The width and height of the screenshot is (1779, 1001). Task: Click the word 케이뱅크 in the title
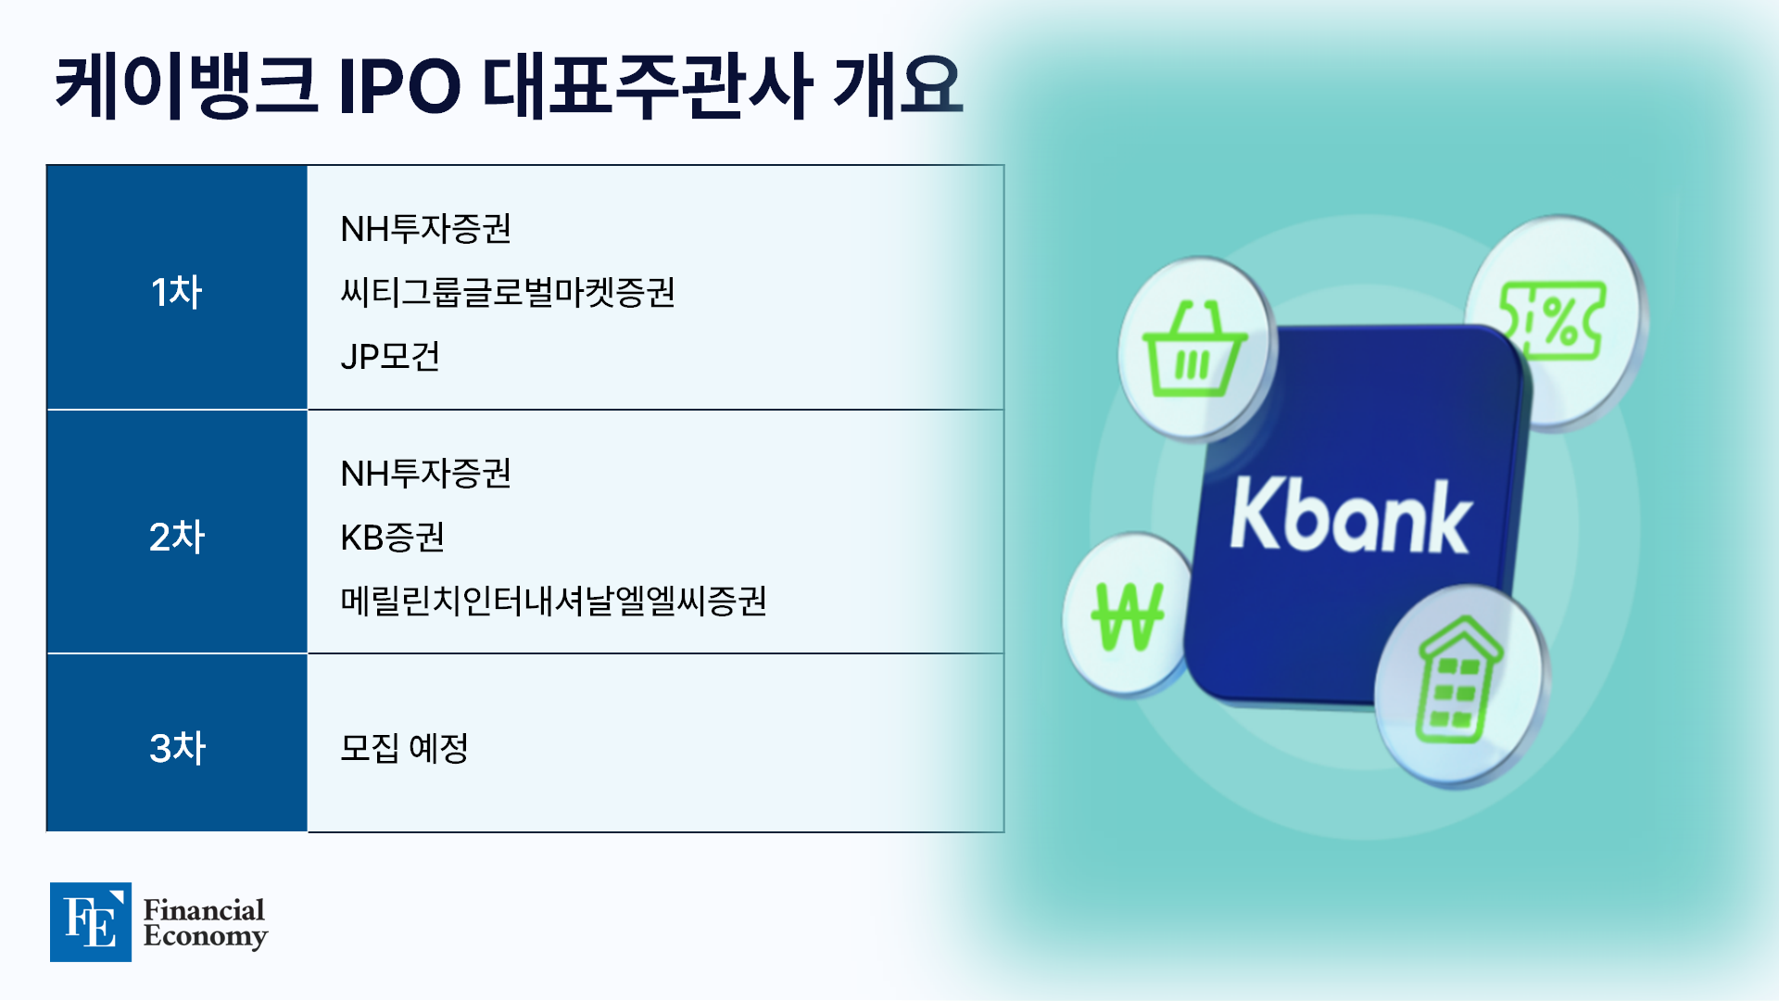click(186, 86)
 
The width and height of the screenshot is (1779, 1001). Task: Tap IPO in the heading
click(399, 87)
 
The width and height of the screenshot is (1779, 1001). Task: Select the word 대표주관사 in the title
click(648, 86)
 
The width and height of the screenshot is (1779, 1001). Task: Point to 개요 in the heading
click(898, 86)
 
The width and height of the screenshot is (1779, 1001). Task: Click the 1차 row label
click(176, 292)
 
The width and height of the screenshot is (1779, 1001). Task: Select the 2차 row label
click(176, 537)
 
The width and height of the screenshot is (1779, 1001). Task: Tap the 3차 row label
click(177, 748)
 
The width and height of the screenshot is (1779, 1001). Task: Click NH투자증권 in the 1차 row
click(425, 229)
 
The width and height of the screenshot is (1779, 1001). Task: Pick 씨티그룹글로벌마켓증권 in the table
click(508, 292)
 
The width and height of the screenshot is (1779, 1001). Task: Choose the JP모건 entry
click(390, 356)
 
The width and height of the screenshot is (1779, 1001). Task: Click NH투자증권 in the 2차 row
click(425, 474)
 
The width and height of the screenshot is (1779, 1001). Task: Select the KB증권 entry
click(393, 538)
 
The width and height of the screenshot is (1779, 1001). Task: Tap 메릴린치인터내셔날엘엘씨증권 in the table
click(553, 601)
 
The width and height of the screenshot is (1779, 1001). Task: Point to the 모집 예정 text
click(404, 748)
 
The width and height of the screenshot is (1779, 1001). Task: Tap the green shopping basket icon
click(1194, 349)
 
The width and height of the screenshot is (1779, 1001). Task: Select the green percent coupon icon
click(1553, 321)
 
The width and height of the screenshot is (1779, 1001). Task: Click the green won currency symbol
click(1128, 615)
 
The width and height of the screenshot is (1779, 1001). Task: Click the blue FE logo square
click(91, 922)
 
